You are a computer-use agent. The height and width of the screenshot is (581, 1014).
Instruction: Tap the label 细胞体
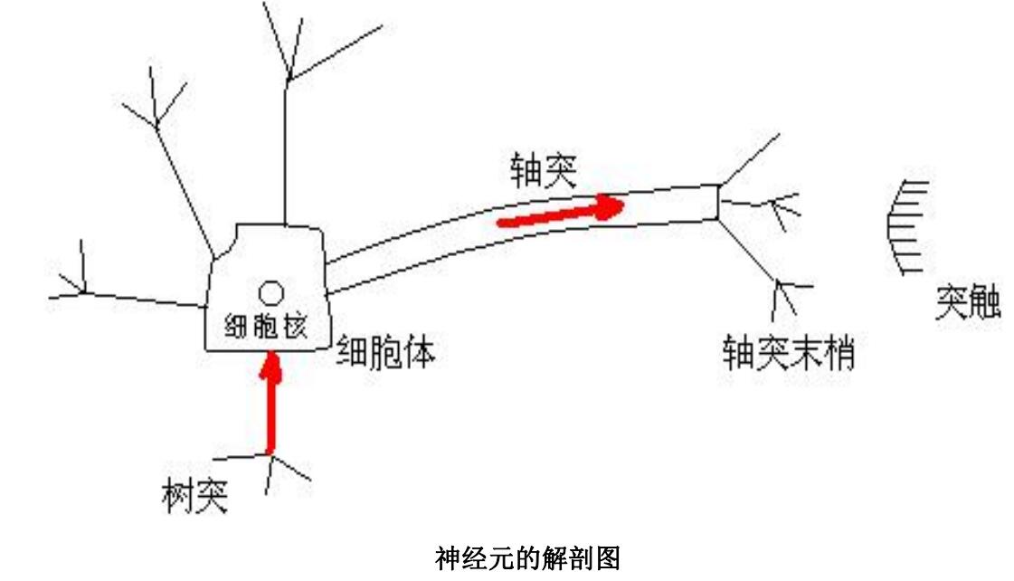385,350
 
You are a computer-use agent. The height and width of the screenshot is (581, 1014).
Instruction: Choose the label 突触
967,305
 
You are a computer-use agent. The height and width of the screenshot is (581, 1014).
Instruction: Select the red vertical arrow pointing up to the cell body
270,403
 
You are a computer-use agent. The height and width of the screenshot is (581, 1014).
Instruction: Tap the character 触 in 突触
984,305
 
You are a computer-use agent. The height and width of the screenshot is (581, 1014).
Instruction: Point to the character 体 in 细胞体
419,350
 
